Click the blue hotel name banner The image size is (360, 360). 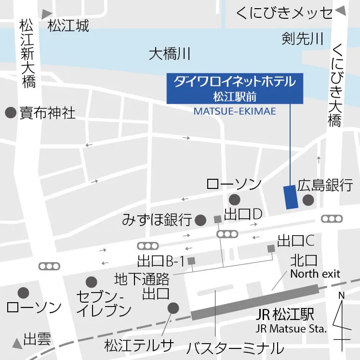click(235, 88)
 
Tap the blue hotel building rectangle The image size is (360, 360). click(291, 197)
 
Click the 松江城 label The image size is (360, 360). click(68, 26)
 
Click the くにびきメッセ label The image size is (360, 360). click(284, 13)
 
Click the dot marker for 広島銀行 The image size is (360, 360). click(308, 200)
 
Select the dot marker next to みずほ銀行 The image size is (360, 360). click(201, 221)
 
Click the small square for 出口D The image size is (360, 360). click(217, 220)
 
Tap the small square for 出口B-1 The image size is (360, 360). click(191, 261)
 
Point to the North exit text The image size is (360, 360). click(315, 274)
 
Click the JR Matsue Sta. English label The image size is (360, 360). click(291, 329)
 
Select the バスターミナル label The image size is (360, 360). click(235, 347)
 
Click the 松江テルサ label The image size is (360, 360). click(138, 345)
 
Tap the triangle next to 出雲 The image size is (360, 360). click(17, 343)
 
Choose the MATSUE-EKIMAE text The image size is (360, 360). click(235, 111)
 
